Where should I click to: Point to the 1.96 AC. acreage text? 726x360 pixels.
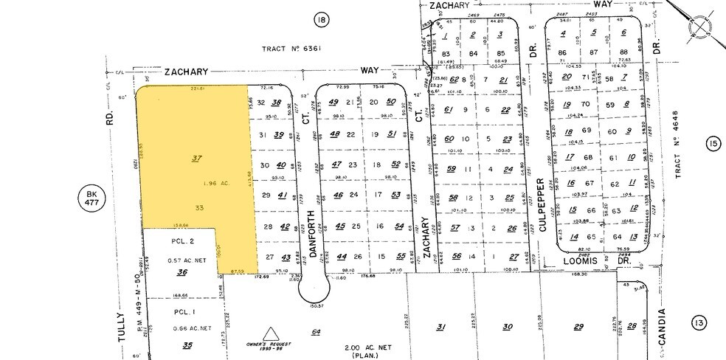[x=196, y=184]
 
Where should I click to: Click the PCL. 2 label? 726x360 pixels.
[x=181, y=241]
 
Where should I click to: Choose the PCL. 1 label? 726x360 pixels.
[x=181, y=311]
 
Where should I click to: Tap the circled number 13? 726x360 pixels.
[x=697, y=322]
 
